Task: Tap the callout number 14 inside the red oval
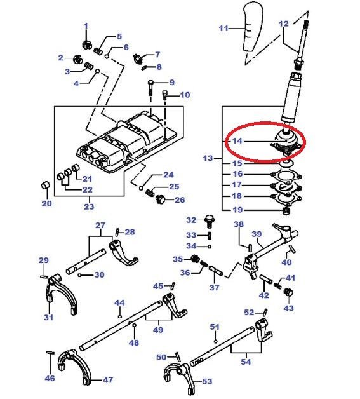[236, 140]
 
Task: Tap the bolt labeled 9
[150, 87]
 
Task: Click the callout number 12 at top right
[284, 24]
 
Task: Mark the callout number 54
[246, 362]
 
